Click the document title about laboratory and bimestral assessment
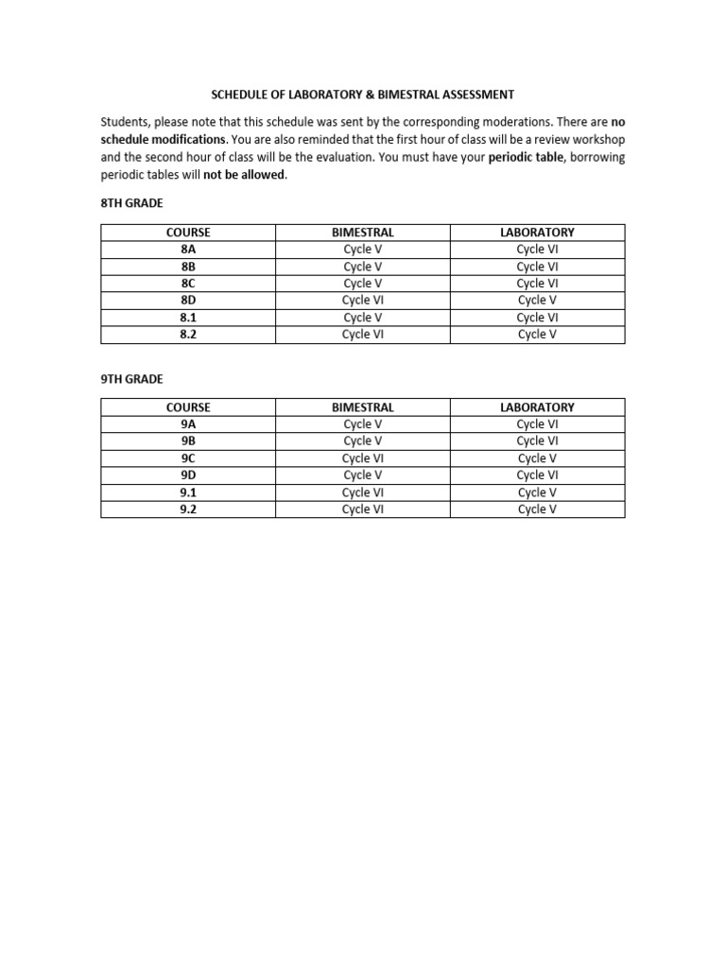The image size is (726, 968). point(362,95)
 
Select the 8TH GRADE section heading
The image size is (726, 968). point(132,203)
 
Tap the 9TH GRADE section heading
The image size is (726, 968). point(132,379)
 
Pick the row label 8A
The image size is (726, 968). point(187,250)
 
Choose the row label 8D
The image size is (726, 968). point(187,301)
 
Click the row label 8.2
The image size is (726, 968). point(187,335)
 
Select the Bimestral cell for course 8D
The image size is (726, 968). point(362,301)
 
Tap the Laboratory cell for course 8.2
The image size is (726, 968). point(537,335)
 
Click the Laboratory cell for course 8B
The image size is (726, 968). point(537,267)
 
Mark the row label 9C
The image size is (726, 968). point(187,458)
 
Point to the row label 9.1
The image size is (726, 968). point(187,493)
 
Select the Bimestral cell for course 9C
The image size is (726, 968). point(362,458)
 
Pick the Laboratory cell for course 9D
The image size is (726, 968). point(537,475)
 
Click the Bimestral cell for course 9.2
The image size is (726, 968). point(362,510)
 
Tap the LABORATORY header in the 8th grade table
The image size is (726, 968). point(537,233)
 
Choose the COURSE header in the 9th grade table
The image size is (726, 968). point(187,407)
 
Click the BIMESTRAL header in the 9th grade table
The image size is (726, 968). point(362,407)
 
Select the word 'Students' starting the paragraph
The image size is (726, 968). point(126,123)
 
